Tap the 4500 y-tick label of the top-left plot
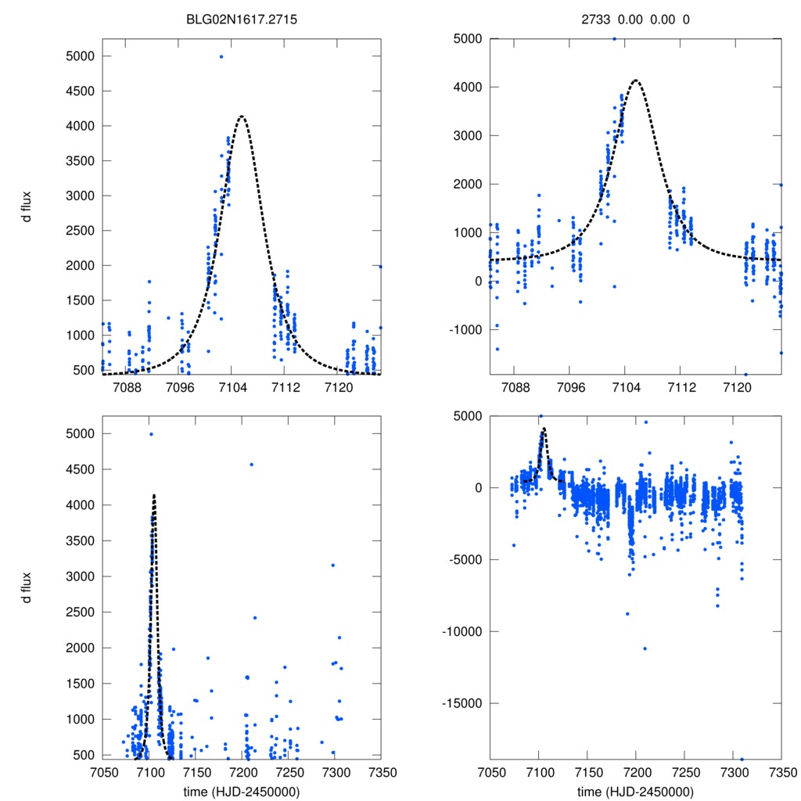point(78,91)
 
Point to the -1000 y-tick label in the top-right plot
point(465,329)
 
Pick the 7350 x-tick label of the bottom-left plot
point(381,771)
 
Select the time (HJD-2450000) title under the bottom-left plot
point(241,791)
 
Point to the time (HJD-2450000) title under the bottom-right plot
point(635,791)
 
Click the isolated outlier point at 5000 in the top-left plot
point(221,56)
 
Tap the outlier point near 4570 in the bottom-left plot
point(251,465)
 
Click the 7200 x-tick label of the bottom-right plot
point(635,771)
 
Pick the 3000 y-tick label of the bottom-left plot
point(78,577)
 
